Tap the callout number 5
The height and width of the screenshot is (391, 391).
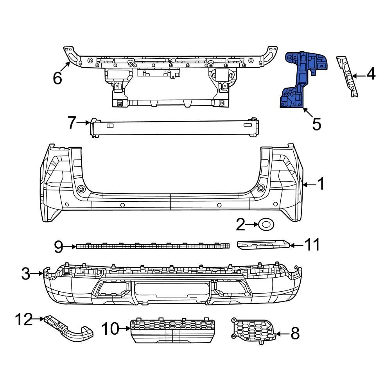point(316,124)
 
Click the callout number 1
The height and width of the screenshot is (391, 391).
point(320,184)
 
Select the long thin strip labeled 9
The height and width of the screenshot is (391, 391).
point(152,246)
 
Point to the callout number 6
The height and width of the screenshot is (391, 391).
point(57,78)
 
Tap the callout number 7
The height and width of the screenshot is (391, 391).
point(72,123)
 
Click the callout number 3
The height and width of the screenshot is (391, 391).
point(25,274)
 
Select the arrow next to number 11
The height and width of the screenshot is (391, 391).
point(296,246)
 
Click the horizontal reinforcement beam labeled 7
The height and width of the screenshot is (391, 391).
point(174,128)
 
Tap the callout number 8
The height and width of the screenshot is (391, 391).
point(295,334)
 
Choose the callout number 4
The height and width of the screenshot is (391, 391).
point(370,74)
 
